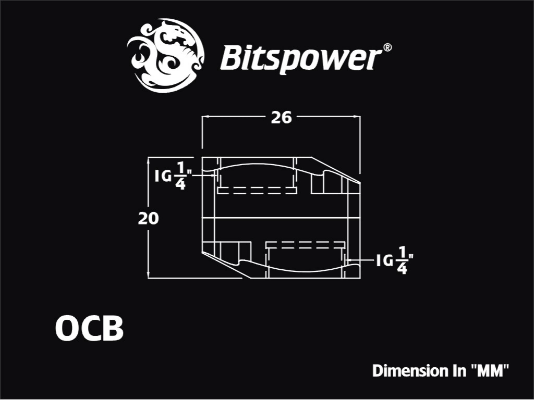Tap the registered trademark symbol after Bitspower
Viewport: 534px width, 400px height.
(x=387, y=47)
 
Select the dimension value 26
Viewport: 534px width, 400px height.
(x=281, y=118)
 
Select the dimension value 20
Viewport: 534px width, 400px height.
(x=148, y=218)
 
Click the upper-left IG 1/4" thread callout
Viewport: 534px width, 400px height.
(x=174, y=176)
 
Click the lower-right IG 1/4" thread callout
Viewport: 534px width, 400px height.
(x=395, y=261)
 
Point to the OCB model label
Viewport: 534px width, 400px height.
(x=89, y=328)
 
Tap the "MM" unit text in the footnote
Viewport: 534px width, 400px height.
(x=490, y=370)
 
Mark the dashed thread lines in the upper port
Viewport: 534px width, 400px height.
(x=257, y=190)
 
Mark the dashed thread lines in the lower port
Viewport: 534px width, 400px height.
(x=306, y=245)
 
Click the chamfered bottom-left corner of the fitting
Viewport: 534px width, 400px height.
(x=226, y=265)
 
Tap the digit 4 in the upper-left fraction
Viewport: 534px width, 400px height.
(x=180, y=184)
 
